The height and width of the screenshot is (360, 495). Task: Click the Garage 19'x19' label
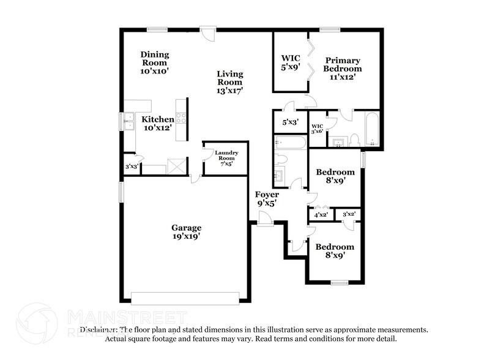[187, 231]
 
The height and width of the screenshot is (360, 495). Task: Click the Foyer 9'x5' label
[267, 199]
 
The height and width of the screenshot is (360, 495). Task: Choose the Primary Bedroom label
[343, 69]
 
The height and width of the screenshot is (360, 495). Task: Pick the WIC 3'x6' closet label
[317, 129]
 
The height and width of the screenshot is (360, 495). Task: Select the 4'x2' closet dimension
[321, 215]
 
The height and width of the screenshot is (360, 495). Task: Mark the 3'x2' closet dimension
[349, 214]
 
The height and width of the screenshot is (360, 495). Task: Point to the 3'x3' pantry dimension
[130, 166]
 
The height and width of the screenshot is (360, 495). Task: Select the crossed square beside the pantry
[176, 165]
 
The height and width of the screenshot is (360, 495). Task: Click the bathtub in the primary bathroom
[371, 129]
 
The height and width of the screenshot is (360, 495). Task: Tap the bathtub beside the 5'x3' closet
[290, 144]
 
